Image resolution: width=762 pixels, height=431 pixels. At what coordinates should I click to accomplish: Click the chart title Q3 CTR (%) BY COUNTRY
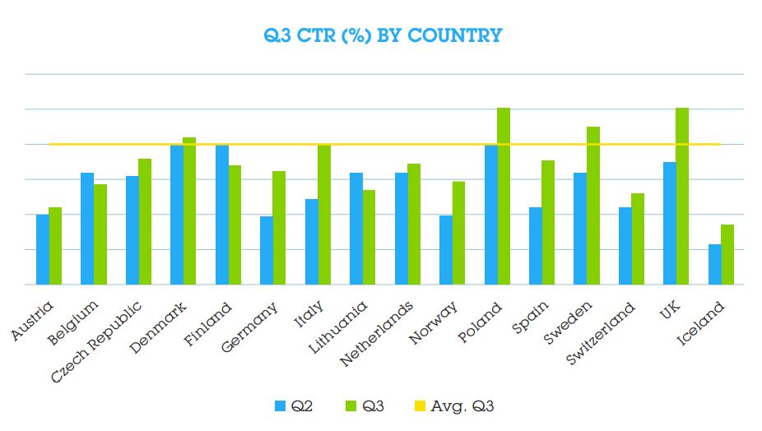point(382,35)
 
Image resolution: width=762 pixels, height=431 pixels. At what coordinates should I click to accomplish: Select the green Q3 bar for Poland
point(504,197)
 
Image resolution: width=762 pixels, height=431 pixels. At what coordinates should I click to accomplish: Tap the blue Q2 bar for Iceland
point(714,264)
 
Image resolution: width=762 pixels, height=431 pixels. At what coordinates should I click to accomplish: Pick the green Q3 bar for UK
point(682,197)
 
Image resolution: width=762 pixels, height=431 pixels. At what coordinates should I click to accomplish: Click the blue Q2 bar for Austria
point(42,249)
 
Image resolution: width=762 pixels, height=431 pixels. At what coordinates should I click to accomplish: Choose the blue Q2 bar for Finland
point(221,215)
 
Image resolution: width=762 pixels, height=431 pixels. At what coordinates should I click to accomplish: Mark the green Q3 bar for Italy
point(323,215)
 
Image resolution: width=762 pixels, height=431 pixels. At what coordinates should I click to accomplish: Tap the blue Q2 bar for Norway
point(446,250)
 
